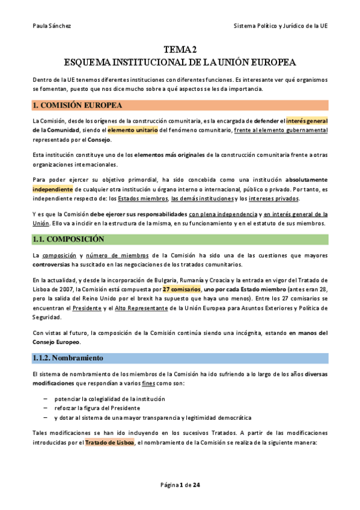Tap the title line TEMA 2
click(180, 49)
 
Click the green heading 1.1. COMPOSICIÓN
click(70, 239)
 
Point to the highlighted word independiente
click(53, 188)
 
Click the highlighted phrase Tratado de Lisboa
click(110, 443)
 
